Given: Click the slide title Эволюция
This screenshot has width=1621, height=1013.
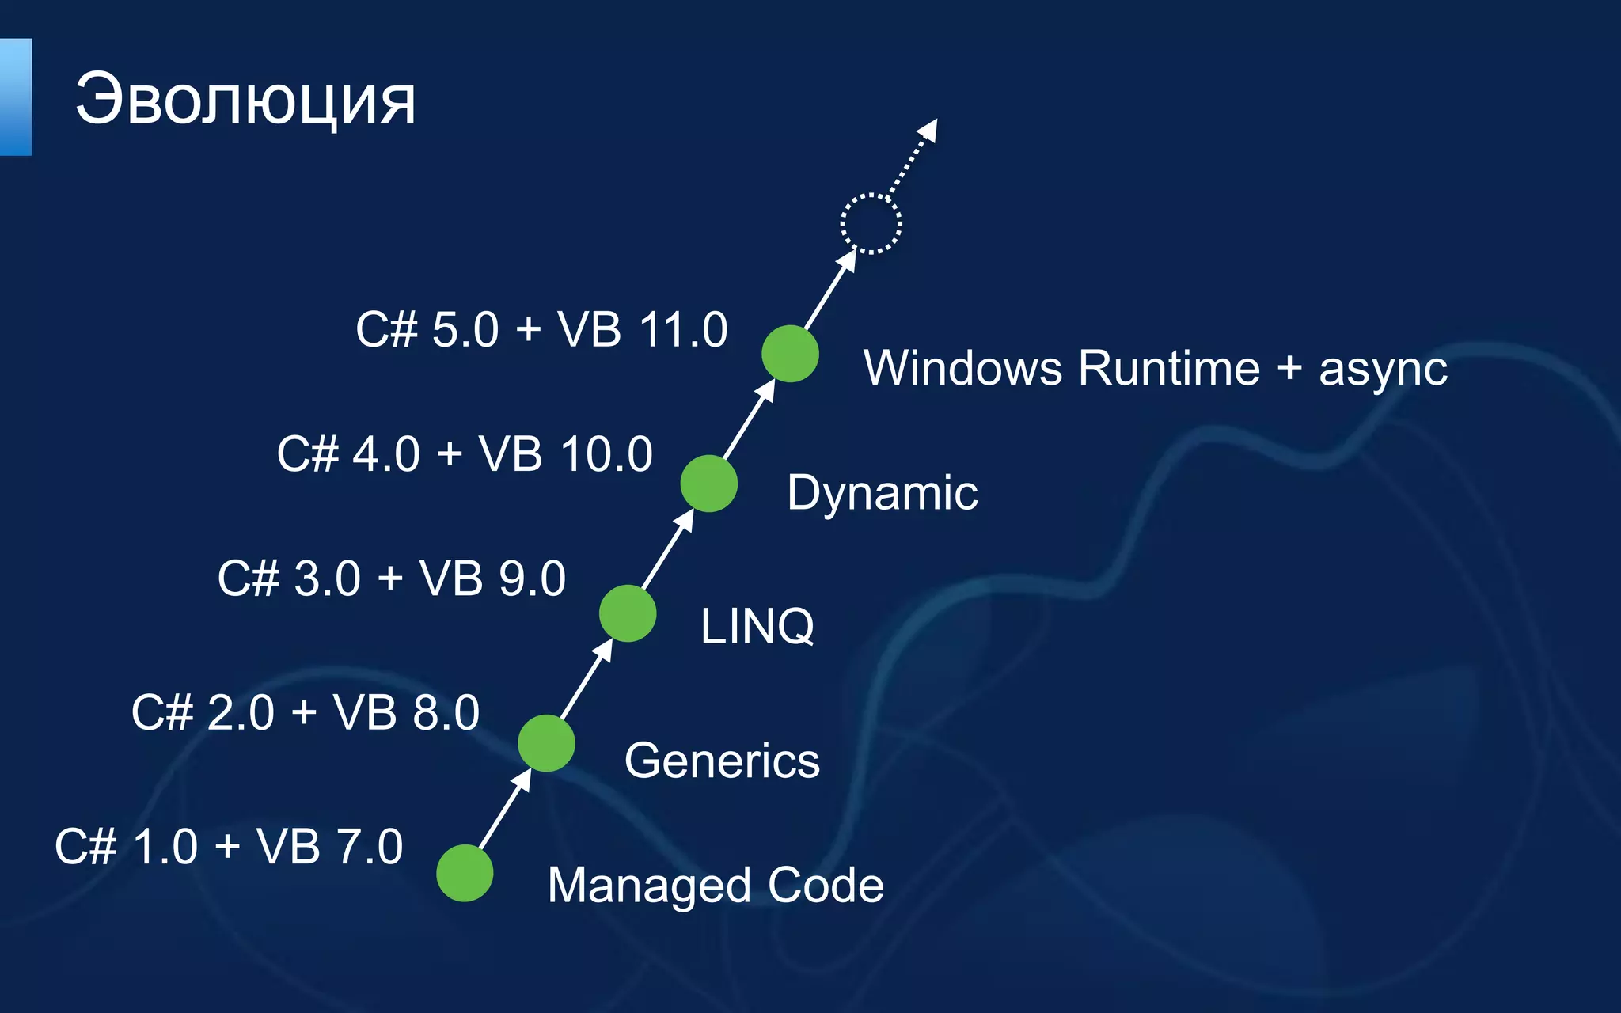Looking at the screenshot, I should pos(245,100).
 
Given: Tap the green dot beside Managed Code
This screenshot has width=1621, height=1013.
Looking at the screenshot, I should pos(465,873).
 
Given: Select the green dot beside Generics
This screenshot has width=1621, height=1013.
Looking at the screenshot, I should pos(546,743).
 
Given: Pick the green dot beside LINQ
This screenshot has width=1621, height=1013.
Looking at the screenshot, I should pos(628,613).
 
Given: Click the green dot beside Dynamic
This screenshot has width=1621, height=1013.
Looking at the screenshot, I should pos(709,484).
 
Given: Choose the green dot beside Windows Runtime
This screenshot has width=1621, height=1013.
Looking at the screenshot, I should pos(790,354).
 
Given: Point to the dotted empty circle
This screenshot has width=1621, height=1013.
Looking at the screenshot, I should pos(871,224).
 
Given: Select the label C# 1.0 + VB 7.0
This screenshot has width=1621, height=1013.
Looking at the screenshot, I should pos(229,846).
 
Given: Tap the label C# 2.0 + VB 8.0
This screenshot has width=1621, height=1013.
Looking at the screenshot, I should pos(306,712).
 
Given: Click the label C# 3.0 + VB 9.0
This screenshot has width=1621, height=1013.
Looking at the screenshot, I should pos(392,578).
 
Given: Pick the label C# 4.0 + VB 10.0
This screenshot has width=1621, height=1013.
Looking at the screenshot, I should pos(465,454).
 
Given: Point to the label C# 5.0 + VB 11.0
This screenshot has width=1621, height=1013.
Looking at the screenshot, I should pos(541,329).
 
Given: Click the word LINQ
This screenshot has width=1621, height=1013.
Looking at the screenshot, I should pos(757,626).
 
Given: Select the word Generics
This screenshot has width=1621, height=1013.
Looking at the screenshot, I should pos(722,761).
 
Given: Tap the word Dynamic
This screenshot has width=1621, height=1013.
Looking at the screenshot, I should pos(883,493).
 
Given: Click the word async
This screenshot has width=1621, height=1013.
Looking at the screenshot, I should pos(1383,370).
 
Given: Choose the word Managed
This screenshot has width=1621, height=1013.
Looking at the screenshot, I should pos(649,885).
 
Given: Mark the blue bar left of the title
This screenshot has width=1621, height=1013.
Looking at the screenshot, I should pos(15,97).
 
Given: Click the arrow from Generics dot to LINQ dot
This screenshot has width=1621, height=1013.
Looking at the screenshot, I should pos(587,678).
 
